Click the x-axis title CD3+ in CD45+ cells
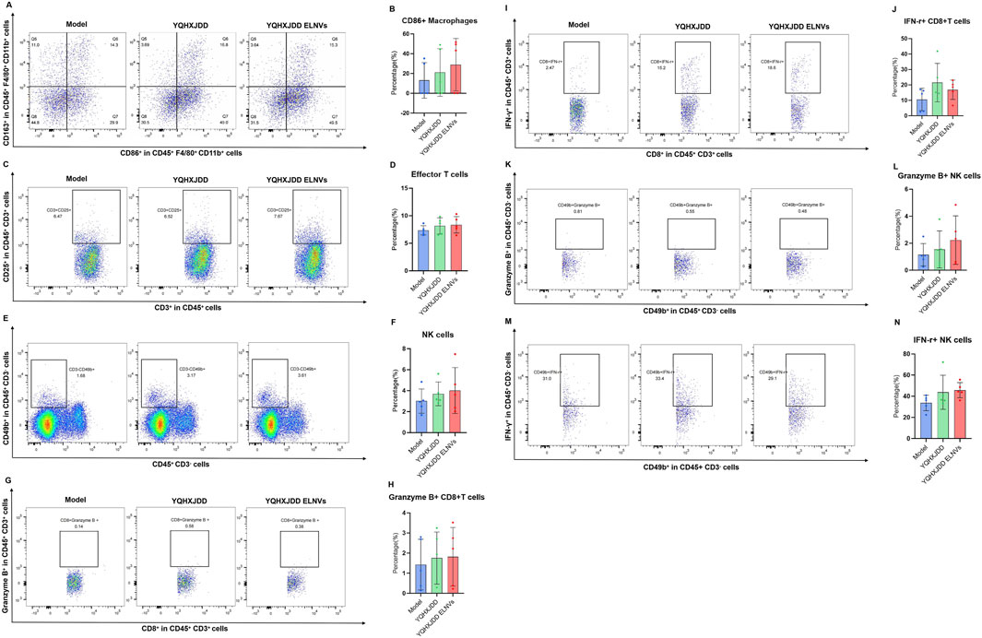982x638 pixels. tap(192, 292)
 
